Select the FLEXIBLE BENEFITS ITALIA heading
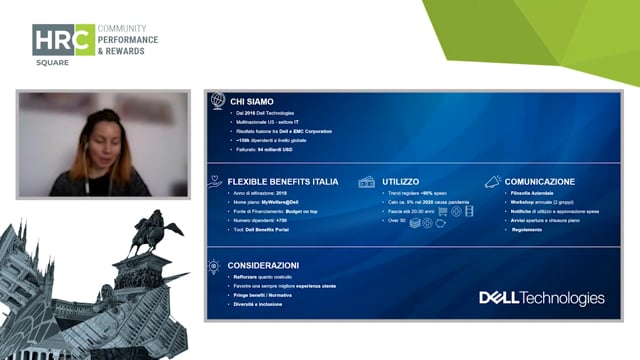[283, 182]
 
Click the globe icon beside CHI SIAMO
[217, 100]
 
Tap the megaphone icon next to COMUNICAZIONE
[493, 182]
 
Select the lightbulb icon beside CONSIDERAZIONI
[214, 266]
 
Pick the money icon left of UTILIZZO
[366, 182]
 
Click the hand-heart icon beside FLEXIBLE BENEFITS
[214, 182]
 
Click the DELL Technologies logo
[541, 298]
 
